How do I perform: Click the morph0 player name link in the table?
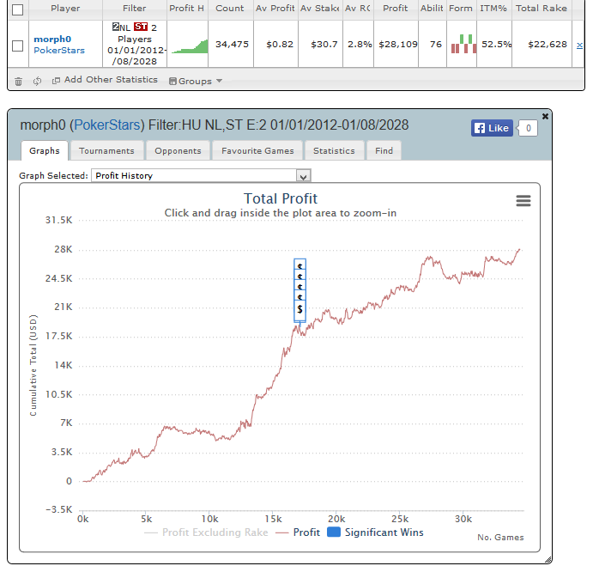tap(51, 39)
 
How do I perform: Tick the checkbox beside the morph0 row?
tap(17, 46)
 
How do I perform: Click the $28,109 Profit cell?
tap(395, 44)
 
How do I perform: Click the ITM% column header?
tap(493, 8)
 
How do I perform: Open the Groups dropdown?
tap(197, 81)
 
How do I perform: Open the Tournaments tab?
tap(106, 151)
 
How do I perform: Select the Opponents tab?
tap(178, 151)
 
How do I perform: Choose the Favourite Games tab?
tap(257, 151)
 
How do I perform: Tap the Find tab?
tap(384, 151)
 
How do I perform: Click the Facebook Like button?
tap(492, 128)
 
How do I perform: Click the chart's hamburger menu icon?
tap(523, 200)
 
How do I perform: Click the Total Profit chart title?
tap(281, 199)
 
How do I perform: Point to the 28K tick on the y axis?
tap(60, 250)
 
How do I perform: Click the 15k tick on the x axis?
tap(273, 519)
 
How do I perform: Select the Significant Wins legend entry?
tap(375, 533)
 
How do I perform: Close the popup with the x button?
tap(546, 115)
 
